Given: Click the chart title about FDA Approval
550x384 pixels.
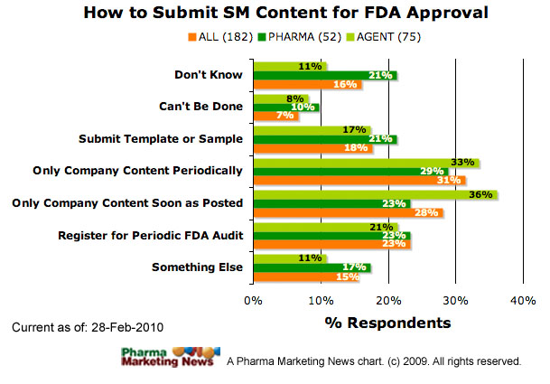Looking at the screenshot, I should coord(275,14).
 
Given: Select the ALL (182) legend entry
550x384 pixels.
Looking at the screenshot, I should coord(216,37).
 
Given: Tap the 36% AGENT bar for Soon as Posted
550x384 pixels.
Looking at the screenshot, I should coord(375,193).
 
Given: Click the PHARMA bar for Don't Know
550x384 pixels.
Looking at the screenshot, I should coord(324,75).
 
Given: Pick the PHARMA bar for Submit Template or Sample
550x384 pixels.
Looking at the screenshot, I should coord(324,139).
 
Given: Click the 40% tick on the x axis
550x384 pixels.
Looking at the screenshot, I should coord(523,299).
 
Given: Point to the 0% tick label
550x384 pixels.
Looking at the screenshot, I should coord(254,299).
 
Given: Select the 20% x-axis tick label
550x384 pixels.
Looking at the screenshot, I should coord(388,299).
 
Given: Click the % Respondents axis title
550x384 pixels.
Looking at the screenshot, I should coord(387,323).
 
